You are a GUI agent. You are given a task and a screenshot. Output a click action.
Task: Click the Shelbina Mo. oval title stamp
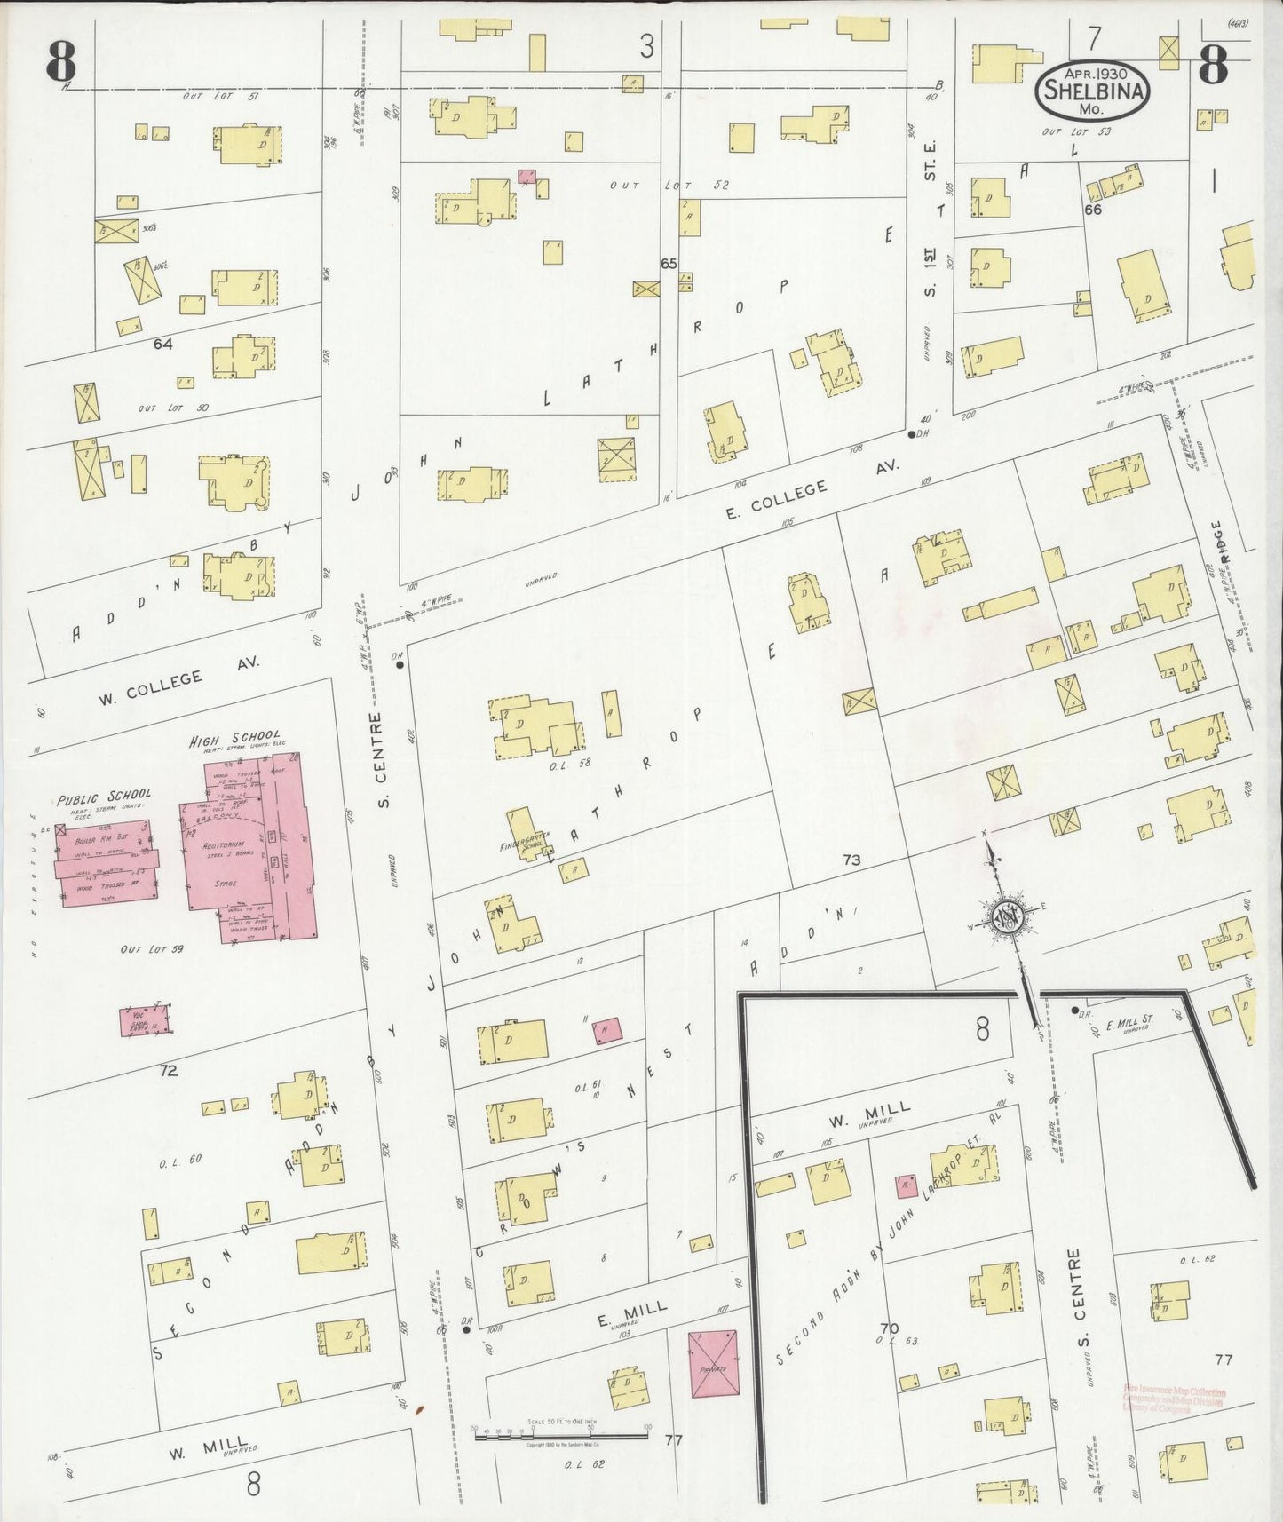point(1093,90)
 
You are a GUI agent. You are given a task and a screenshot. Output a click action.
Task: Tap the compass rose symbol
point(1007,916)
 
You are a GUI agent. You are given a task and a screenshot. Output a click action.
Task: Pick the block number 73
point(851,860)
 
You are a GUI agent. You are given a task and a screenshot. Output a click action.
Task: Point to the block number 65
point(669,264)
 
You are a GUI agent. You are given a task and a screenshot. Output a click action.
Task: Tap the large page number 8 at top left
point(61,60)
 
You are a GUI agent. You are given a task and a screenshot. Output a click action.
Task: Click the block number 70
point(889,1328)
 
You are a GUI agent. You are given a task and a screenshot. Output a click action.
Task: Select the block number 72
point(168,1070)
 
